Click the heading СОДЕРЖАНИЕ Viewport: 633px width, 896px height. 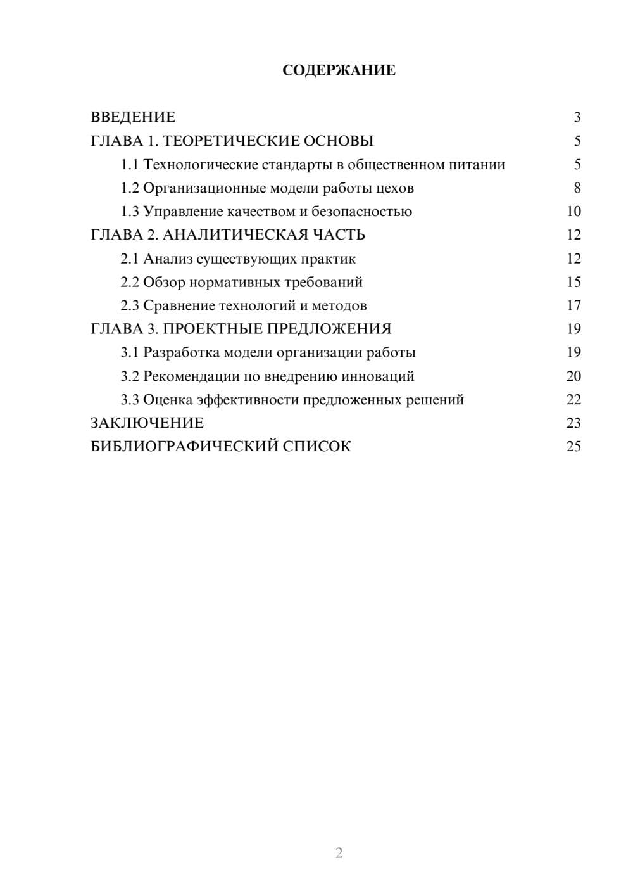[339, 70]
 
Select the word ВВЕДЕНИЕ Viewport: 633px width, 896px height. [133, 117]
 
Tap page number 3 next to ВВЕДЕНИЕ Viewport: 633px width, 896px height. [577, 117]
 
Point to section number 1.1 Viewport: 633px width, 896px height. [130, 165]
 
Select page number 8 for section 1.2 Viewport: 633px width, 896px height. [577, 188]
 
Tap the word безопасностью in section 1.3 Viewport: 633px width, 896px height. [361, 212]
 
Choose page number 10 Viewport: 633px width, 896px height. [573, 212]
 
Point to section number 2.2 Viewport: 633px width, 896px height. [130, 282]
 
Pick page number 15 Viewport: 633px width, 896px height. [573, 282]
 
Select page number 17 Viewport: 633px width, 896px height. [573, 305]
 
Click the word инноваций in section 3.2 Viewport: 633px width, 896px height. [378, 376]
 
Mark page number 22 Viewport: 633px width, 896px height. [573, 400]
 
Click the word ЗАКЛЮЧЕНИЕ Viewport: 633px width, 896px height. [147, 423]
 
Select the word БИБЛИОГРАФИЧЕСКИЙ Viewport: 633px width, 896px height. [184, 447]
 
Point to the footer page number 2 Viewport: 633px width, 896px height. [339, 853]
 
